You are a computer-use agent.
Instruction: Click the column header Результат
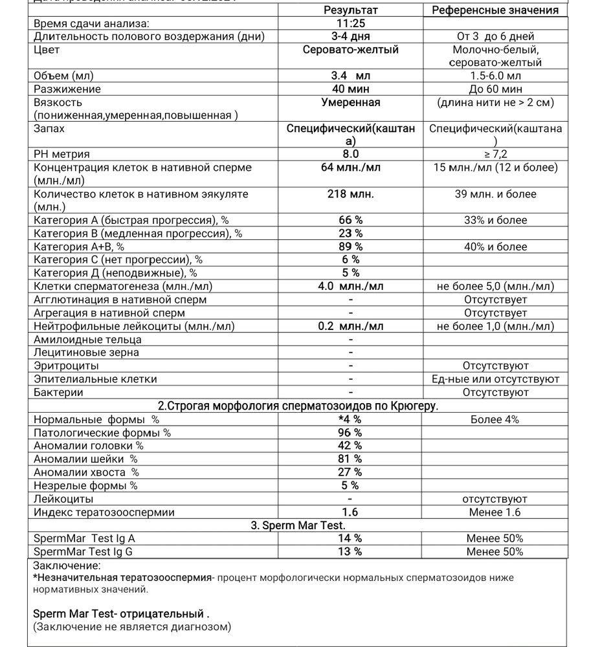[x=350, y=10]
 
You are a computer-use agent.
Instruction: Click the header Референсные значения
[x=495, y=10]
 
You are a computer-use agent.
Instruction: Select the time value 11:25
[x=350, y=23]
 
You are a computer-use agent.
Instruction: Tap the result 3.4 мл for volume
[x=350, y=76]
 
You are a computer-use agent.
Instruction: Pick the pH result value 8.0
[x=350, y=154]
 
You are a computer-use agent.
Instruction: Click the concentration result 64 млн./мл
[x=350, y=168]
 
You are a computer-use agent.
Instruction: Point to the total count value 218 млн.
[x=350, y=193]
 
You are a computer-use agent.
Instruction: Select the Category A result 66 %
[x=350, y=220]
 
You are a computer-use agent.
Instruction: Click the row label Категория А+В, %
[x=79, y=247]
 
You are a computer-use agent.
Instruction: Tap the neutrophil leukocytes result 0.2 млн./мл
[x=350, y=326]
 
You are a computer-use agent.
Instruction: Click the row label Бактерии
[x=58, y=392]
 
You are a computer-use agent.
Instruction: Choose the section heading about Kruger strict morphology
[x=298, y=406]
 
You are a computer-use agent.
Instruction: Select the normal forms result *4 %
[x=350, y=419]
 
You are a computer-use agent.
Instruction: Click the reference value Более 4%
[x=495, y=419]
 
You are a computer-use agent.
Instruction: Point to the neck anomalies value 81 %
[x=350, y=459]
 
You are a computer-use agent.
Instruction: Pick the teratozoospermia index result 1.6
[x=350, y=512]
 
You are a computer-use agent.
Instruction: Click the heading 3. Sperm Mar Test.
[x=298, y=525]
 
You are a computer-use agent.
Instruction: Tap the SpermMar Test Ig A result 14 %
[x=350, y=538]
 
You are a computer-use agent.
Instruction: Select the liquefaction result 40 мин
[x=350, y=89]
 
